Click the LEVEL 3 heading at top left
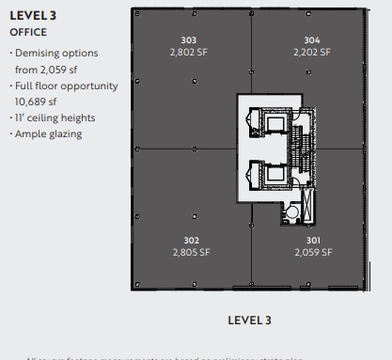click(x=33, y=16)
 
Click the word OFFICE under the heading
click(x=28, y=32)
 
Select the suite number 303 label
click(x=188, y=40)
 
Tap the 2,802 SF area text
click(x=188, y=53)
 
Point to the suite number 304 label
click(x=312, y=40)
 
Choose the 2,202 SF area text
click(x=312, y=53)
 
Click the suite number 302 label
click(x=191, y=241)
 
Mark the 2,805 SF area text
click(x=191, y=253)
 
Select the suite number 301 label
click(x=313, y=241)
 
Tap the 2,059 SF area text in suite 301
click(x=313, y=253)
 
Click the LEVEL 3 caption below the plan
click(x=249, y=321)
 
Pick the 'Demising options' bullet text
click(x=55, y=54)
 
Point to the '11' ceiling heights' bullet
click(x=55, y=118)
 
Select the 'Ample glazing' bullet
click(x=48, y=134)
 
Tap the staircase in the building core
click(x=302, y=150)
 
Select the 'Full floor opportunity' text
click(x=66, y=86)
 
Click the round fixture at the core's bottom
click(x=292, y=214)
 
